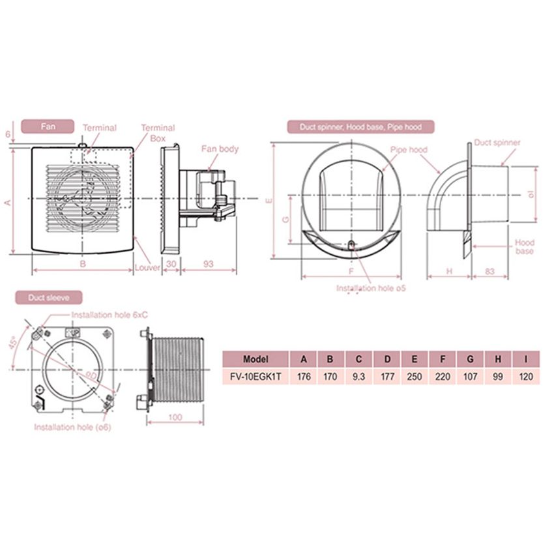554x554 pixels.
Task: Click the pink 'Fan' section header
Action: (48, 126)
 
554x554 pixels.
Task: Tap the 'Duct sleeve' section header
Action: (49, 297)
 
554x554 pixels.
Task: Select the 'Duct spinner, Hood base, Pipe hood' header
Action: (360, 127)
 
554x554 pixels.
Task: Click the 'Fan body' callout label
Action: (220, 149)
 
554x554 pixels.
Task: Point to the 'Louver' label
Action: (148, 267)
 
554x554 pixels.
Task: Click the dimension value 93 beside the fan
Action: (209, 264)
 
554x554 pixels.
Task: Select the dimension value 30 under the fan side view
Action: (171, 264)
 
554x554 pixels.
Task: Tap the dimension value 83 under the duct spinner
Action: (489, 271)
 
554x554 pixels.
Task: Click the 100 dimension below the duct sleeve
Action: (175, 417)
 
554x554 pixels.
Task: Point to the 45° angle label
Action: (13, 343)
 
